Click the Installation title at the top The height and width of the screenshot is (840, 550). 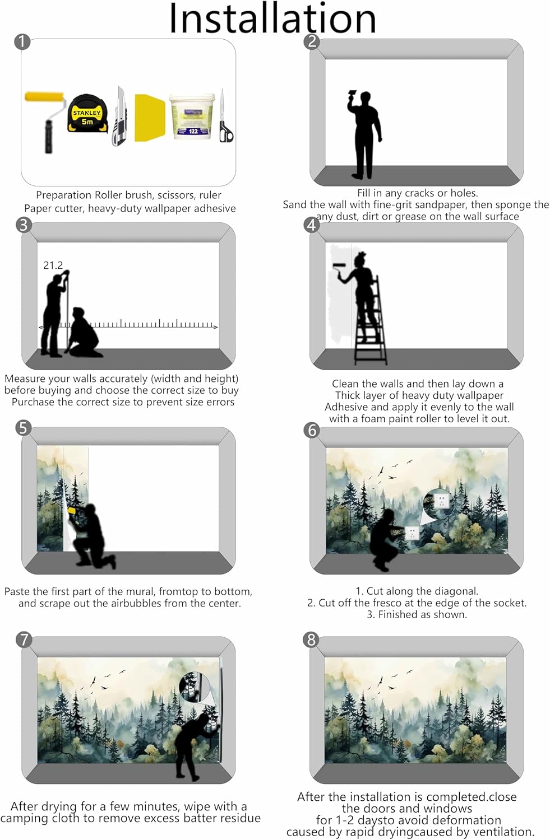[x=272, y=18]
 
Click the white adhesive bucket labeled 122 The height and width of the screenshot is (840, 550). [x=192, y=117]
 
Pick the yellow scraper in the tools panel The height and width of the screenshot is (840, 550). [x=150, y=118]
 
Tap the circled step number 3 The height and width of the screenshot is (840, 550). [x=24, y=225]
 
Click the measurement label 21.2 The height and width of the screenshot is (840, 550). [x=53, y=265]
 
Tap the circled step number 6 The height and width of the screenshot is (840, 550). [x=312, y=430]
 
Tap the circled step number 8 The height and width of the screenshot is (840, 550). [x=311, y=640]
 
